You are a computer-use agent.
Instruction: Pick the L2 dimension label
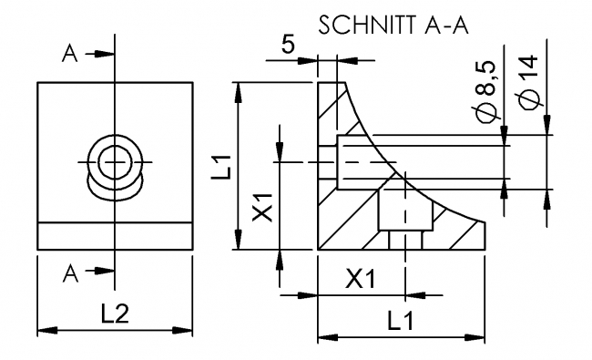click(x=114, y=314)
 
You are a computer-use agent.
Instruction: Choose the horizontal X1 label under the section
click(x=361, y=280)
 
